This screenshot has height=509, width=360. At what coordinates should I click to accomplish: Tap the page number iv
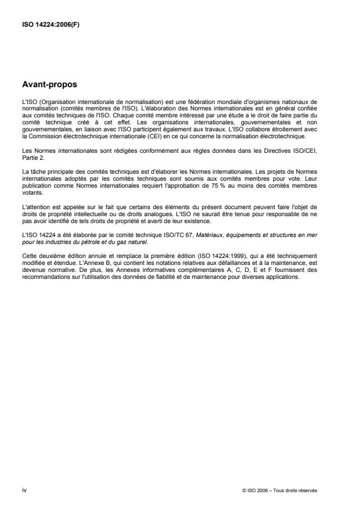[x=24, y=490]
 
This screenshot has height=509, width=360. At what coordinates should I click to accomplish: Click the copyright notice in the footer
[x=280, y=490]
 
